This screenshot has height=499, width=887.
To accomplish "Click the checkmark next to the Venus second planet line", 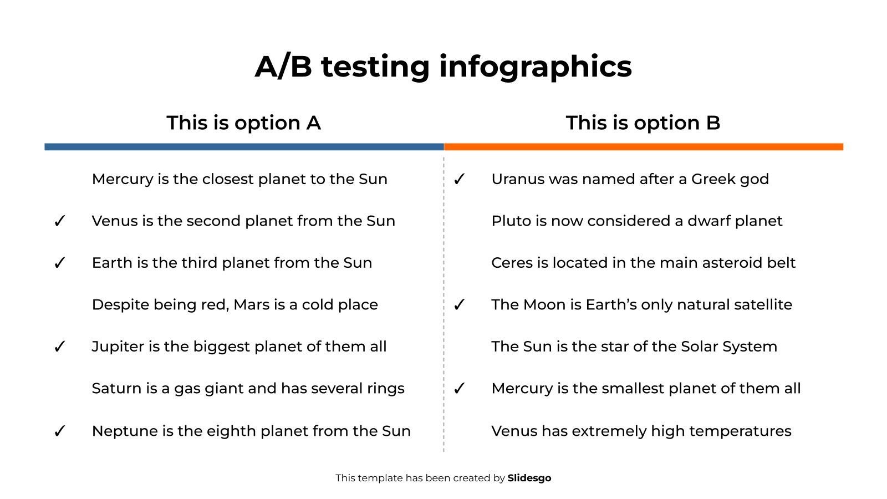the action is [59, 221].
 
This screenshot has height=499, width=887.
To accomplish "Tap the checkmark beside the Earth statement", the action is [59, 263].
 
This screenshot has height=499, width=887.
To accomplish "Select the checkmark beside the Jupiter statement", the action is [59, 347].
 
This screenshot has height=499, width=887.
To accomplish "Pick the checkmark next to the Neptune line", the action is [59, 431].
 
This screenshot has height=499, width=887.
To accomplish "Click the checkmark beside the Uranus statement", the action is [459, 180].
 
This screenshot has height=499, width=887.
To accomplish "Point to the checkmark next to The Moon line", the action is [459, 305].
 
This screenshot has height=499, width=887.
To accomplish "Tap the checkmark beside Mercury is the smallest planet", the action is [459, 389].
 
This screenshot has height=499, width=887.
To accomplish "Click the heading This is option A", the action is [243, 123].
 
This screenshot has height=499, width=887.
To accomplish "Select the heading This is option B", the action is [643, 123].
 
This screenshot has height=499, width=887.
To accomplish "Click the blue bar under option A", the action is [244, 147].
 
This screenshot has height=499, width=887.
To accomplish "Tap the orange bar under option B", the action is [644, 147].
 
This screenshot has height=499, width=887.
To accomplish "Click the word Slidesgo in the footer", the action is [529, 478].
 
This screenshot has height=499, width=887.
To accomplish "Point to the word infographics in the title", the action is [536, 67].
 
